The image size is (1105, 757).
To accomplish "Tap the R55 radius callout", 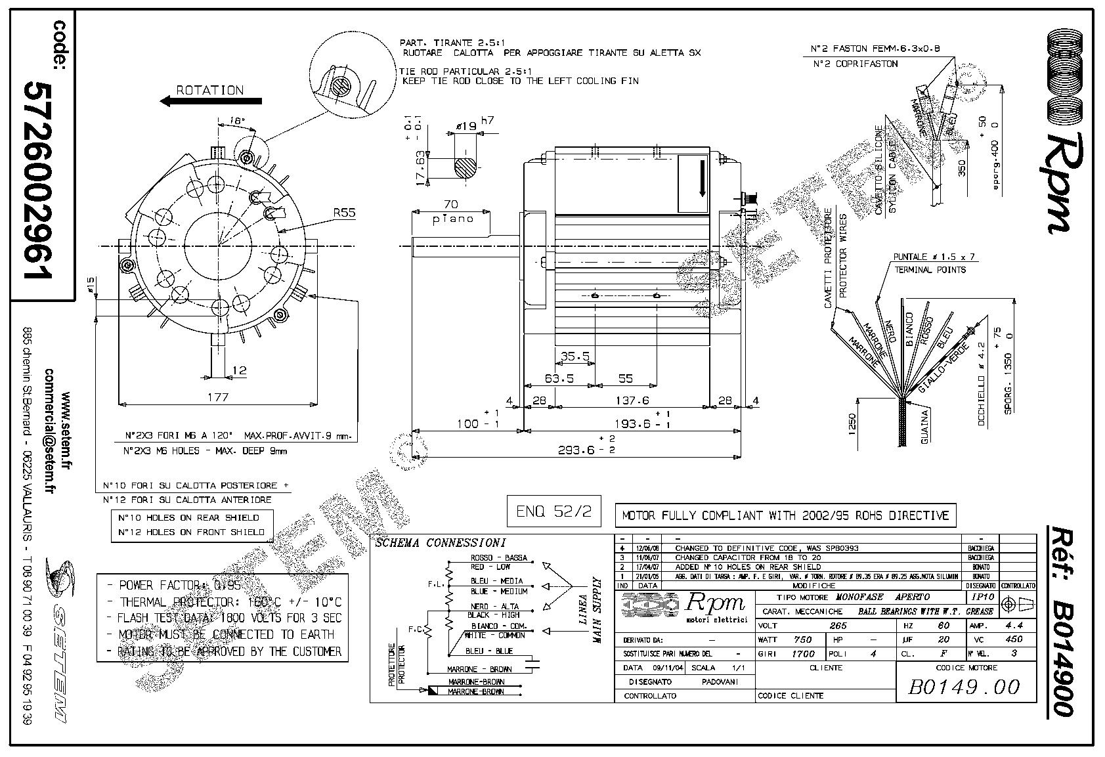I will [344, 213].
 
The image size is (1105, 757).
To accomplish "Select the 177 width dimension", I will [217, 397].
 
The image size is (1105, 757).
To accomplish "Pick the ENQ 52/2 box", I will [553, 511].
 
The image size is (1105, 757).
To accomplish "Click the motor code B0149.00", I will [963, 687].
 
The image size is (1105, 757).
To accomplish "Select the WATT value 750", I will [802, 639].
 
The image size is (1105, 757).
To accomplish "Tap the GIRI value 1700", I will [802, 654].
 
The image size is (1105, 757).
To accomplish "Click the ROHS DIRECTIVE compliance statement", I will [785, 515].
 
